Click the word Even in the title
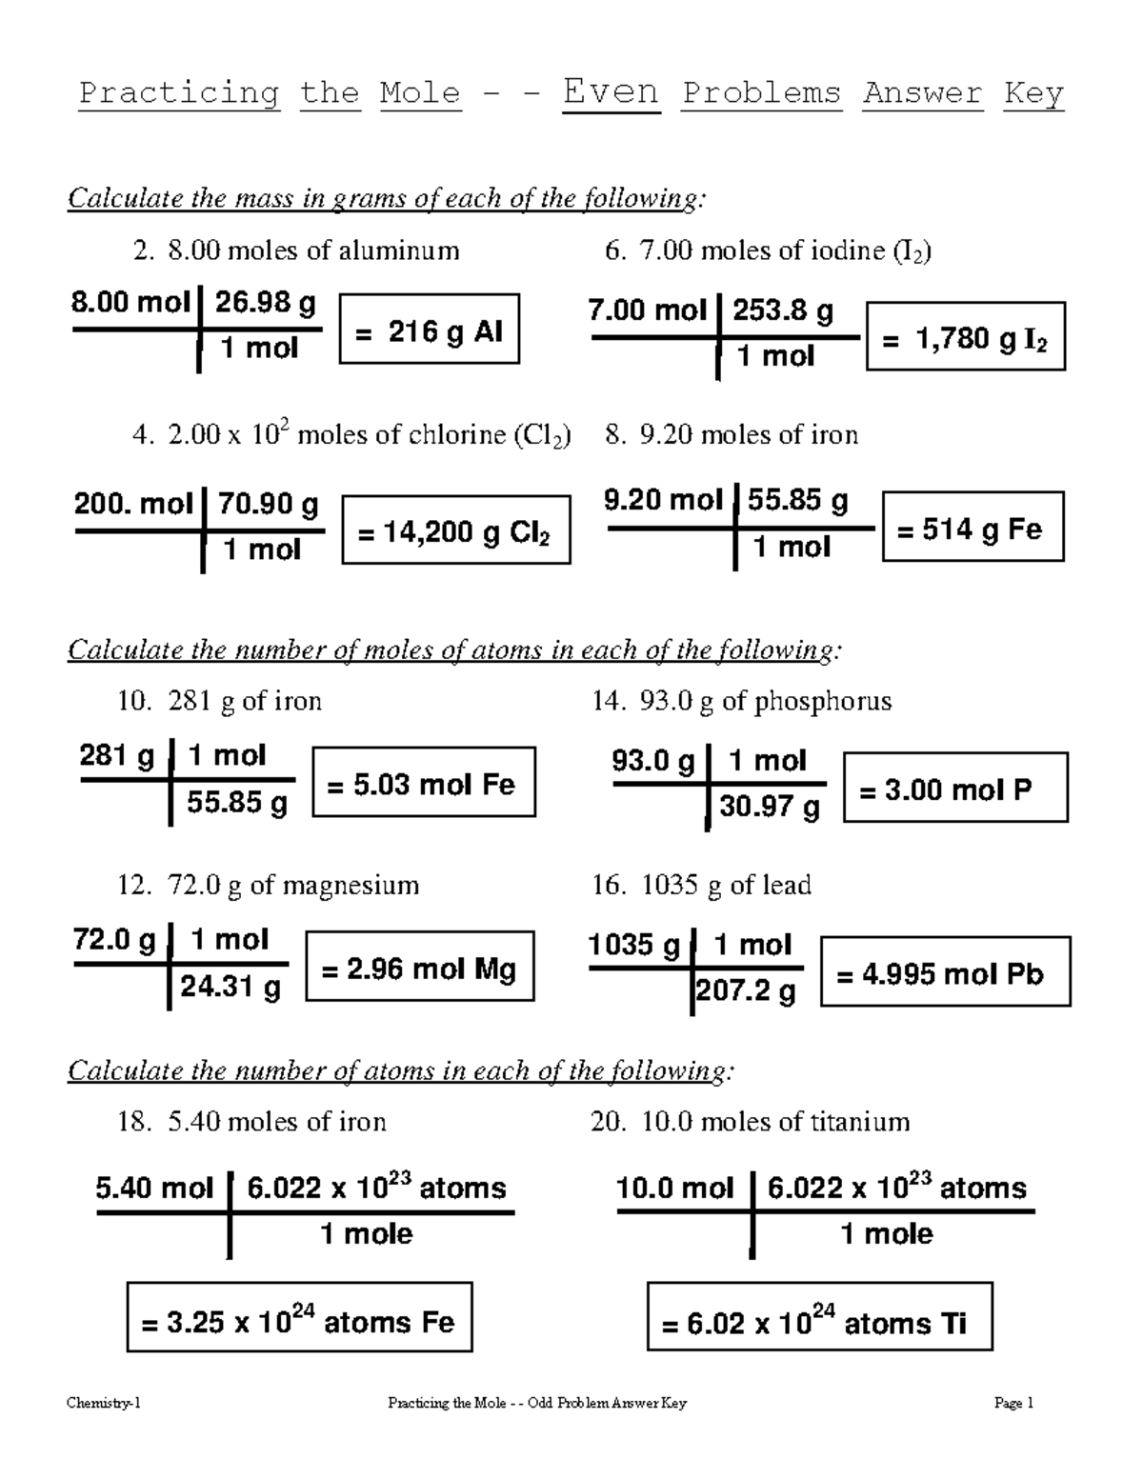(611, 92)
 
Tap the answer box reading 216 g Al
(429, 330)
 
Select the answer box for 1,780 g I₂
(965, 336)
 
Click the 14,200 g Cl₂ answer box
(455, 530)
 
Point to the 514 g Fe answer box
(973, 527)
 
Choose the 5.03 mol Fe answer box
(423, 783)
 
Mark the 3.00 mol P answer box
(955, 788)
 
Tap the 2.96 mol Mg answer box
(419, 967)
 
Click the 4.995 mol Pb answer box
(945, 971)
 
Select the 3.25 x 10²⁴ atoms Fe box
(299, 1318)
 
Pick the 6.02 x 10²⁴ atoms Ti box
(819, 1318)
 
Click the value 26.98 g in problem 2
(264, 302)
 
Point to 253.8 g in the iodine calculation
(782, 310)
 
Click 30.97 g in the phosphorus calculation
(769, 806)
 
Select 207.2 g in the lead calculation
(746, 991)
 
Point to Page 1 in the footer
(1013, 1402)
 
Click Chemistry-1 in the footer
(104, 1402)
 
